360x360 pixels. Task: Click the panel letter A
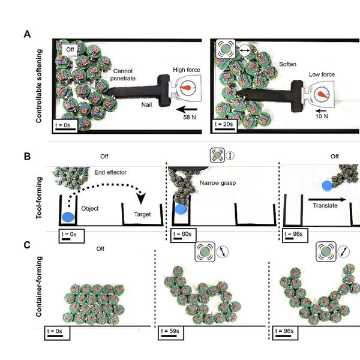(28, 34)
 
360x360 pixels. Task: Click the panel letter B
(28, 157)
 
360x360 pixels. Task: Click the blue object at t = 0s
(68, 215)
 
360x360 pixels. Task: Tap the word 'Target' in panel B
(142, 213)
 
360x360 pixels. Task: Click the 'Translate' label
(325, 205)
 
